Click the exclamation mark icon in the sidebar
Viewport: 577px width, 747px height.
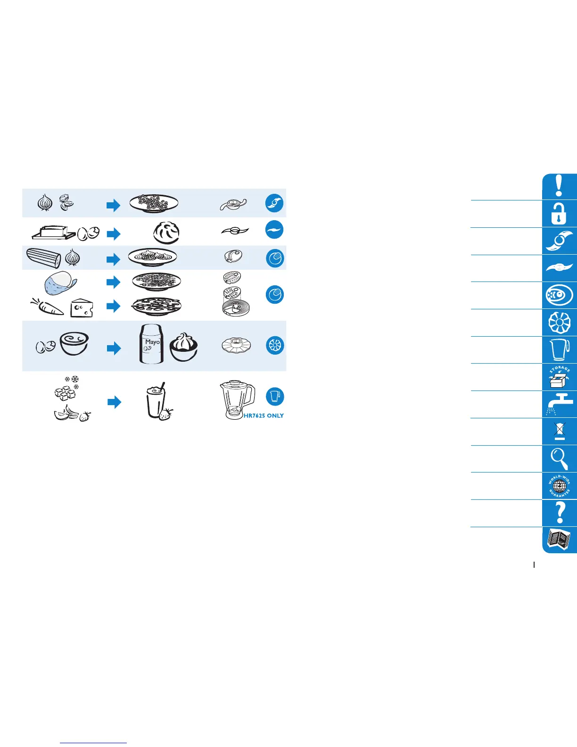[559, 186]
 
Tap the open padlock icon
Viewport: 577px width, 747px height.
[559, 214]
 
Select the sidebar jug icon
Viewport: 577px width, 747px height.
[560, 349]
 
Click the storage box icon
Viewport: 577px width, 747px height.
[560, 377]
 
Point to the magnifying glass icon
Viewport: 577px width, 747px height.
[560, 458]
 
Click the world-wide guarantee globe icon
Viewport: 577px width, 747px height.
[560, 486]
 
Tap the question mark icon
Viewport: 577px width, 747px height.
[560, 513]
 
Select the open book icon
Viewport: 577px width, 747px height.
[560, 540]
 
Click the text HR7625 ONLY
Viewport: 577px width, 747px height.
[264, 416]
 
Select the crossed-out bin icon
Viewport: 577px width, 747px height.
[560, 431]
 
